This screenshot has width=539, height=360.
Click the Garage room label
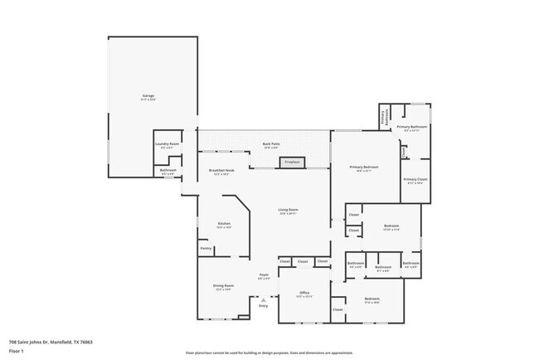148,96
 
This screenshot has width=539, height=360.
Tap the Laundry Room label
168,145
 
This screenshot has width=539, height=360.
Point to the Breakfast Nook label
220,172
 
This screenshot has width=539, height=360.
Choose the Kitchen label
224,224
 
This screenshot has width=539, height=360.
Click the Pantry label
205,247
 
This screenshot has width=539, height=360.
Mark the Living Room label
288,211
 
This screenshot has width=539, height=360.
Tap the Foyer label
264,275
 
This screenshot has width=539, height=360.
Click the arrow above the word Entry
264,299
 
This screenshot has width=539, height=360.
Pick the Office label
304,294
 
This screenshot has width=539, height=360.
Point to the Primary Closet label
415,180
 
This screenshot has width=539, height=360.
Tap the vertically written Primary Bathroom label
384,117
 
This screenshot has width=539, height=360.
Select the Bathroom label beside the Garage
168,171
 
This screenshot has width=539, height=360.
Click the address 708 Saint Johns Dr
51,342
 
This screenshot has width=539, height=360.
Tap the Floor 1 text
17,351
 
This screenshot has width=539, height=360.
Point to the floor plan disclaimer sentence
269,353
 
